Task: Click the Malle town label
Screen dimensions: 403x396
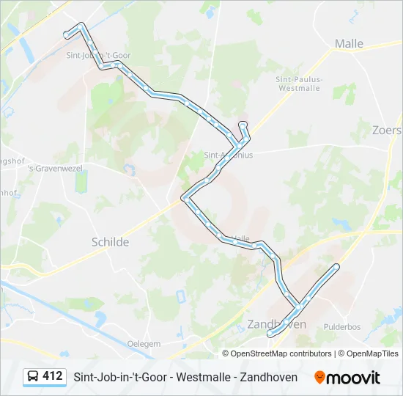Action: pyautogui.click(x=349, y=44)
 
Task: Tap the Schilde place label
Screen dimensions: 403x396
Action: pyautogui.click(x=110, y=242)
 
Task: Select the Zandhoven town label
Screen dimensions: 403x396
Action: pyautogui.click(x=277, y=323)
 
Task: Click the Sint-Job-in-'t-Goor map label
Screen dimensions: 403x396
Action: pyautogui.click(x=97, y=55)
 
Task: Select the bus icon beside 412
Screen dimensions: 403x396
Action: pyautogui.click(x=33, y=377)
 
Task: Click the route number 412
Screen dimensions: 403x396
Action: pyautogui.click(x=52, y=376)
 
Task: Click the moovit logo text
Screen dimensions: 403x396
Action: pyautogui.click(x=354, y=378)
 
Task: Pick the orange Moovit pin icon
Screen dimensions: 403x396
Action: pyautogui.click(x=319, y=377)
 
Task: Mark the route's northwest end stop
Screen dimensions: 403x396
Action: pyautogui.click(x=67, y=34)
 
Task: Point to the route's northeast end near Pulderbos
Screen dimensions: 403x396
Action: pyautogui.click(x=336, y=266)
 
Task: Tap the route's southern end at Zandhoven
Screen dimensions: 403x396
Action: pyautogui.click(x=270, y=334)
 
